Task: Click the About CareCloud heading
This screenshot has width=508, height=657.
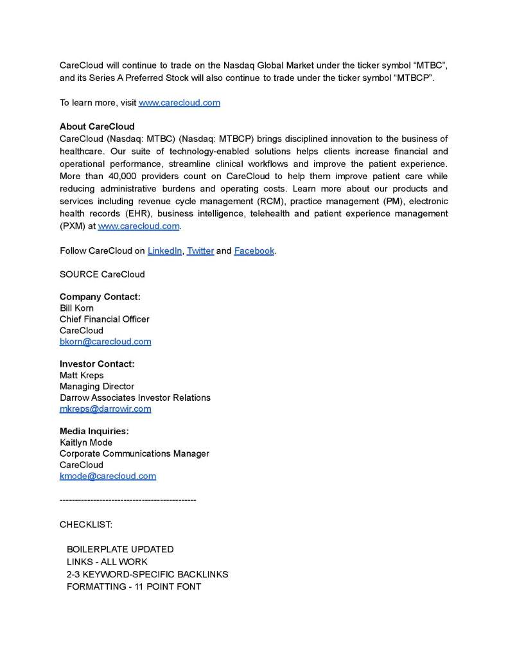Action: pos(97,127)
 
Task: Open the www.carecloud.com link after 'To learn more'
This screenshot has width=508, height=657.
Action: pos(179,103)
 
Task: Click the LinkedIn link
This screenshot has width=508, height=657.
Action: pos(164,250)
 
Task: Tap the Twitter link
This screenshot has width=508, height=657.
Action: pos(200,250)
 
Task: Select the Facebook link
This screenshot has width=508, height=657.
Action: pos(254,250)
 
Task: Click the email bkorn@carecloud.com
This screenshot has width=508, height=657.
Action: pos(105,342)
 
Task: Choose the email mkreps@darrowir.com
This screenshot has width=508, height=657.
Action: pos(105,409)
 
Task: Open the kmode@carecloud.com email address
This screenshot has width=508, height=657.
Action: pos(108,476)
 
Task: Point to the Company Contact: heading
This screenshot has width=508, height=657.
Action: pos(100,297)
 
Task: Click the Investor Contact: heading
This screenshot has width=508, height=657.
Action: pos(97,364)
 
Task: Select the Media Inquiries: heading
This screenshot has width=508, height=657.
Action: pos(94,431)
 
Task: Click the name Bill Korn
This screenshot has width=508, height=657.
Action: pos(76,308)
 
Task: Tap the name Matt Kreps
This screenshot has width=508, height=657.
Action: pos(82,375)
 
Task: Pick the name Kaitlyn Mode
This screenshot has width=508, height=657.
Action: pos(86,442)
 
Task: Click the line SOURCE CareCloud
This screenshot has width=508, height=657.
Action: pos(102,274)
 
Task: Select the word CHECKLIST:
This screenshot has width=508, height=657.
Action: pos(86,525)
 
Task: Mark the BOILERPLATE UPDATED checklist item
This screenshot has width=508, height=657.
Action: pos(120,550)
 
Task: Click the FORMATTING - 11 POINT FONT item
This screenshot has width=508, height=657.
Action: pos(134,586)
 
